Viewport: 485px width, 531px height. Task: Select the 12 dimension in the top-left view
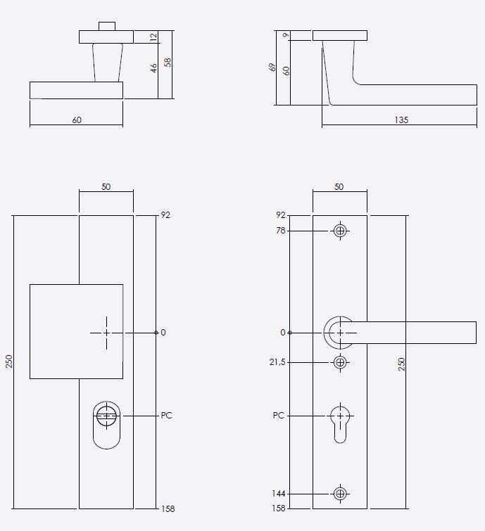[x=153, y=37]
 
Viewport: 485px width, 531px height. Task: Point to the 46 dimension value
[x=153, y=68]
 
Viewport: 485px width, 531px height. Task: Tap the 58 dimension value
[x=168, y=62]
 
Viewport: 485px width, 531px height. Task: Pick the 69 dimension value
[x=272, y=68]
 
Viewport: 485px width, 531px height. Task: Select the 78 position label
[x=282, y=231]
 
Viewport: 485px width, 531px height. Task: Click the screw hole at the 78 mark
[x=341, y=231]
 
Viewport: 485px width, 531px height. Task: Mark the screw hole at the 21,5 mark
[x=341, y=362]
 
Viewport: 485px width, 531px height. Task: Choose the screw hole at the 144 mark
[x=341, y=494]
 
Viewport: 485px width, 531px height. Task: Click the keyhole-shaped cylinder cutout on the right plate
[x=341, y=422]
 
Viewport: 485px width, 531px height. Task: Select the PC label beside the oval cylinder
[x=167, y=416]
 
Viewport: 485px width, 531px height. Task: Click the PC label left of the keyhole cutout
[x=279, y=416]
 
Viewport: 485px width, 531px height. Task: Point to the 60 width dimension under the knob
[x=77, y=120]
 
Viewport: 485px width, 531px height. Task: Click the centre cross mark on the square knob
[x=106, y=333]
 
